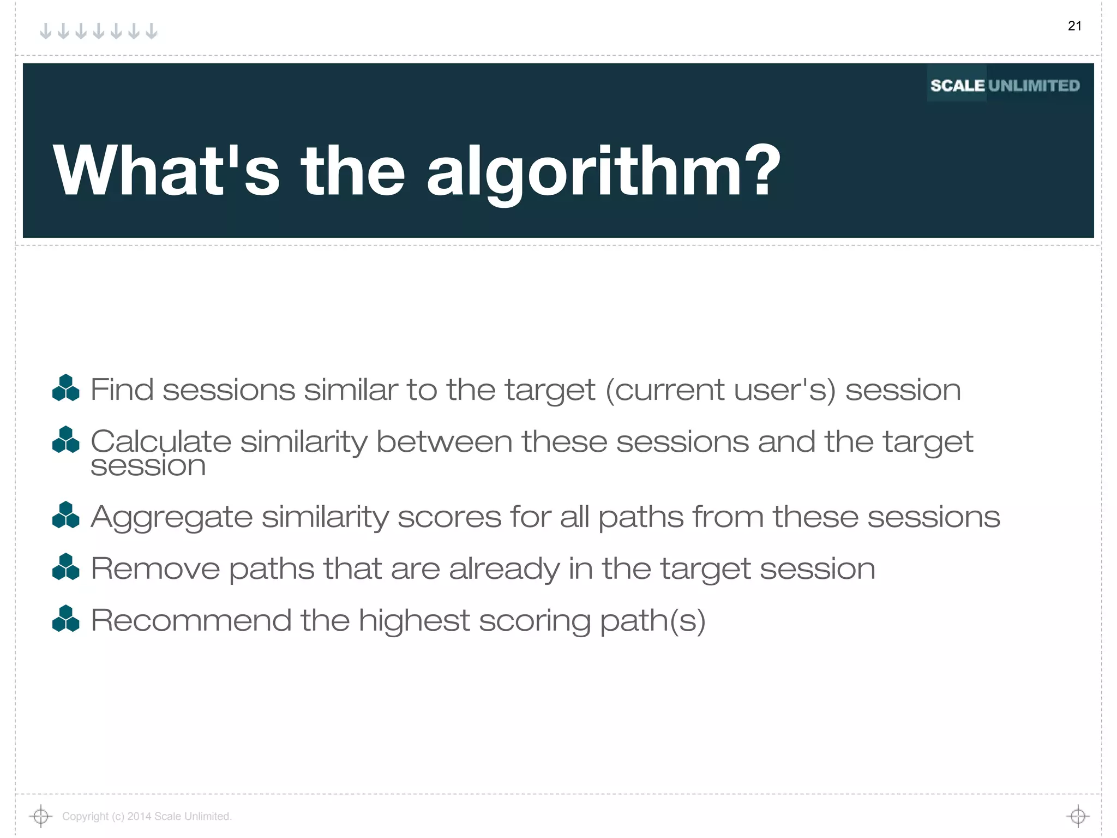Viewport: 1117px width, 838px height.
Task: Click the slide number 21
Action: pos(1074,26)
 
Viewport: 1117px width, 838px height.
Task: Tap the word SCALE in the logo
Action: pos(957,86)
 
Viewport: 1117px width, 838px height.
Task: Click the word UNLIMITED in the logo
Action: pos(1034,86)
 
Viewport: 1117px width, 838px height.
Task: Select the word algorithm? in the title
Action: pos(603,171)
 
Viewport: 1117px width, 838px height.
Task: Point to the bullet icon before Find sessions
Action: pos(66,388)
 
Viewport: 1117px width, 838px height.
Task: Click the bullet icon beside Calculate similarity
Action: pos(66,440)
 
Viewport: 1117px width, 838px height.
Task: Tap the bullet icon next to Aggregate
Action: pos(66,515)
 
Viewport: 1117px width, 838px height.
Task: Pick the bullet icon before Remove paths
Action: pos(66,567)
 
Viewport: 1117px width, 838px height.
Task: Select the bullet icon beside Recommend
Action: pos(66,619)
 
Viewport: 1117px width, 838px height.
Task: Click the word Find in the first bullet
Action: pos(122,390)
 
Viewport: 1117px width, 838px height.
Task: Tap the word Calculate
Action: pos(160,441)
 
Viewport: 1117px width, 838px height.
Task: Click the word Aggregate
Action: pos(171,518)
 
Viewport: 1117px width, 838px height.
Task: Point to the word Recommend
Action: pos(191,620)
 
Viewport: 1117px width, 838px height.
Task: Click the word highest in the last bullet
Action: pos(414,620)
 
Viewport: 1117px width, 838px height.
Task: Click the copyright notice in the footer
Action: pos(147,816)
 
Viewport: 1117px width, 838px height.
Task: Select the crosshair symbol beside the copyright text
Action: pos(40,816)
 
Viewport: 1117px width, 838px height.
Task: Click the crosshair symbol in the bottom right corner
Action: pos(1078,816)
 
